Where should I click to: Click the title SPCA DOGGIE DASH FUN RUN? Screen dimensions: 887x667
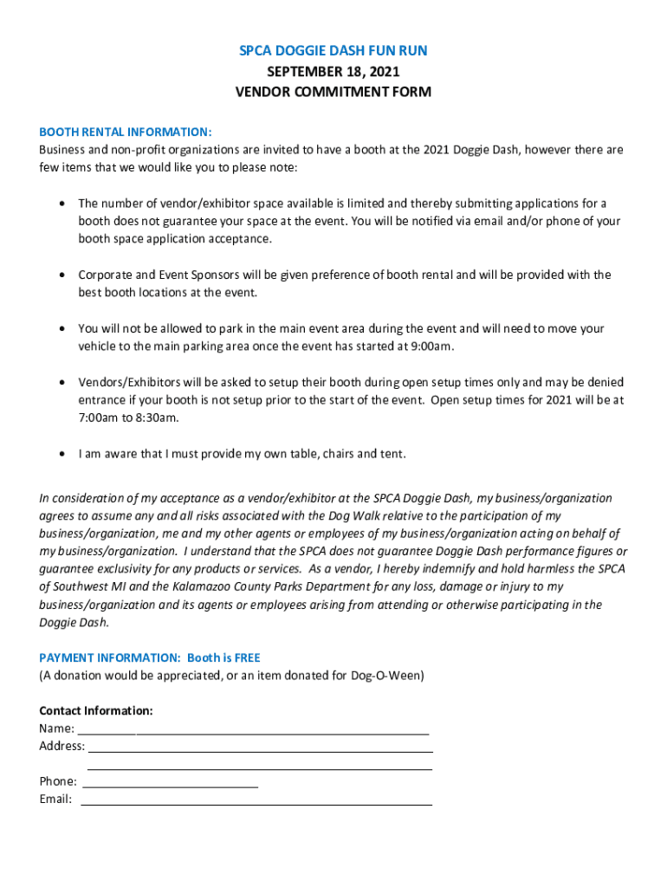[333, 51]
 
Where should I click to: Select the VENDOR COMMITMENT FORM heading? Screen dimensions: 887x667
[333, 92]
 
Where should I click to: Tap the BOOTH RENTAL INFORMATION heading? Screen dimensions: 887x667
[125, 132]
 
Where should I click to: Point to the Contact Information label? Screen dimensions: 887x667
[95, 710]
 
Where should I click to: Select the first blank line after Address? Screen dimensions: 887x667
[260, 747]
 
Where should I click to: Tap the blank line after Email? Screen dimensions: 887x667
[256, 800]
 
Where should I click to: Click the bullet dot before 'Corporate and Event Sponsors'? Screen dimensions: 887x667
[61, 275]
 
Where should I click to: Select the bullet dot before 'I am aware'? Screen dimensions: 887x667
[61, 454]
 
